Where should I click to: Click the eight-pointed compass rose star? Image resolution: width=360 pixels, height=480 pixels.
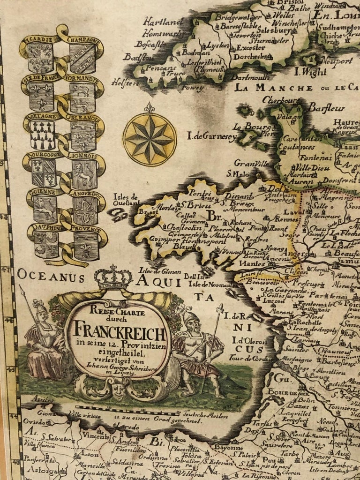coord(150,138)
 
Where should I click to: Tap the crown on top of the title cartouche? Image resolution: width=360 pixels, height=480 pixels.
coord(113,278)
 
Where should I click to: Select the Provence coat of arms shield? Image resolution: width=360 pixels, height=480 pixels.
coord(86,245)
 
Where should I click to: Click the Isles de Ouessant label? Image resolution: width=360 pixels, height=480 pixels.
coord(126,200)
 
